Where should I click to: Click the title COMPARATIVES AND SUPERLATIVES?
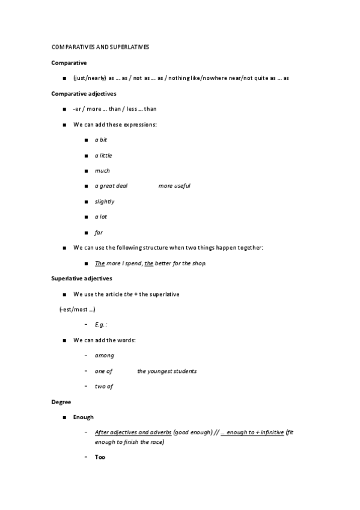(x=100, y=47)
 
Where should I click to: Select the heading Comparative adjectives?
(x=84, y=93)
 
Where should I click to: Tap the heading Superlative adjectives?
(x=82, y=278)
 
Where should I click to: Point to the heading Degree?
(x=61, y=402)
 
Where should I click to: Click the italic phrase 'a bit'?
(x=101, y=140)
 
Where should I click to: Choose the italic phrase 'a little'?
(x=103, y=155)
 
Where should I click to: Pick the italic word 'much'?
(x=102, y=170)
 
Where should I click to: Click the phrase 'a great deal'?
(x=111, y=186)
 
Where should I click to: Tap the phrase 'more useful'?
(x=174, y=186)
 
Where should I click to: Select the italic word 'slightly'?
(x=105, y=201)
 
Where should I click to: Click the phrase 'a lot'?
(x=101, y=217)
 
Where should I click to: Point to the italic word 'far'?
(x=99, y=232)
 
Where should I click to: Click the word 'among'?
(x=105, y=355)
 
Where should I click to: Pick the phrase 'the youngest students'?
(x=166, y=371)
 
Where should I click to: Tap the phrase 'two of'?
(x=104, y=386)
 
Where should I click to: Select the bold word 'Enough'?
(x=84, y=417)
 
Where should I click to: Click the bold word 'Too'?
(x=100, y=457)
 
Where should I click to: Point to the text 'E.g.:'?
(x=101, y=325)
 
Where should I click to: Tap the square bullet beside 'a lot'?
(x=87, y=217)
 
